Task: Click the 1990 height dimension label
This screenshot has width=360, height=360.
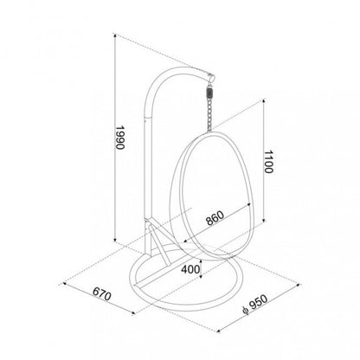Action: point(119,138)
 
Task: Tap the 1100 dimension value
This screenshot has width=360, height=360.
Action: point(268,162)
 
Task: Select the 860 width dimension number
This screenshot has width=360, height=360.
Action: point(215,218)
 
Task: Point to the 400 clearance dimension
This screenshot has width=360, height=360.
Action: point(190,269)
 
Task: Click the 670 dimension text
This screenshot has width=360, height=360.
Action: point(102,294)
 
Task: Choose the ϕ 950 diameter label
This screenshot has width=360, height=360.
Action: point(255,304)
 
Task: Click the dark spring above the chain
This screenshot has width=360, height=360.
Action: point(209,93)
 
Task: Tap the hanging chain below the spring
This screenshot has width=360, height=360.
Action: point(209,115)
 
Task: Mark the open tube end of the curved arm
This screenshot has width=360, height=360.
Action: point(211,78)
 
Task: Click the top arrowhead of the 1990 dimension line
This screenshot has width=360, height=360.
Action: point(115,35)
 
